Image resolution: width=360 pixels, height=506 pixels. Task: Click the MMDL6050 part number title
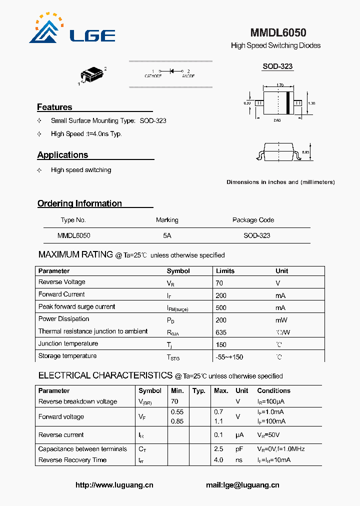pyautogui.click(x=278, y=33)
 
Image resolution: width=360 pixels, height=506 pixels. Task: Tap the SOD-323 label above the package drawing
pyautogui.click(x=277, y=66)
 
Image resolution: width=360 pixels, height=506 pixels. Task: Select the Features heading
pyautogui.click(x=54, y=107)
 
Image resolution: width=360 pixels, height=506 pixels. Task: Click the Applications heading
pyautogui.click(x=62, y=155)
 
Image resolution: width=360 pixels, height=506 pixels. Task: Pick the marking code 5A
pyautogui.click(x=167, y=235)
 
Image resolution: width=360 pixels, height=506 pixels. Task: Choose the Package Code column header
pyautogui.click(x=253, y=220)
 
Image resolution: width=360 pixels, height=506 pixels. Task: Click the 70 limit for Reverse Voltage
pyautogui.click(x=219, y=283)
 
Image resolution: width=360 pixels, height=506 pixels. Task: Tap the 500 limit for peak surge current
pyautogui.click(x=221, y=307)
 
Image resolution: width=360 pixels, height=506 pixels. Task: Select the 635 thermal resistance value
pyautogui.click(x=221, y=332)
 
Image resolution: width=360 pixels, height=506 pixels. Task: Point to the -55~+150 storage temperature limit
pyautogui.click(x=229, y=357)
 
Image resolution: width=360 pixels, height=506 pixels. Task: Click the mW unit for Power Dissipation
pyautogui.click(x=280, y=320)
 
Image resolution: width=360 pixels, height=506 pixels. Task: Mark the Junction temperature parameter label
pyautogui.click(x=68, y=344)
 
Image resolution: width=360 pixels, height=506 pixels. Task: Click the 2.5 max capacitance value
pyautogui.click(x=218, y=449)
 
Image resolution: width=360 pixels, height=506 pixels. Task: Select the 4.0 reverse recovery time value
pyautogui.click(x=218, y=460)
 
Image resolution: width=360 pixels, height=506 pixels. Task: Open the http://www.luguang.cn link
pyautogui.click(x=114, y=485)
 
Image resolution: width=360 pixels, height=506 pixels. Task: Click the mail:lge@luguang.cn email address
pyautogui.click(x=242, y=485)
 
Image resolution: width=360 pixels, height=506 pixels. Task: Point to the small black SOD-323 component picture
pyautogui.click(x=93, y=75)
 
